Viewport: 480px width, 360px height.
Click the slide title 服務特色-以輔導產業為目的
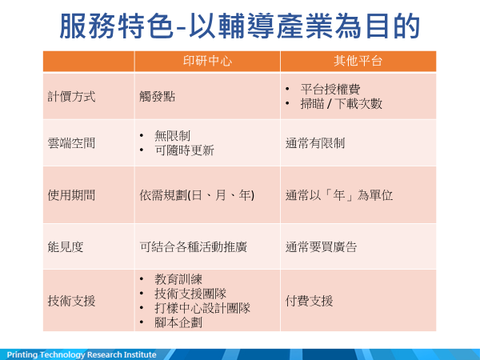[240, 26]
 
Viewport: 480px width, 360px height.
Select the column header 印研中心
[207, 61]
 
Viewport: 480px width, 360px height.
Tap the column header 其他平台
[358, 61]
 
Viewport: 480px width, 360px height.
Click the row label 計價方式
[71, 97]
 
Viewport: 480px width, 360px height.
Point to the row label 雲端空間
[71, 143]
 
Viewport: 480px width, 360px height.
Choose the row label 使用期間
[71, 195]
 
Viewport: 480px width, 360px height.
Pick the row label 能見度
[66, 246]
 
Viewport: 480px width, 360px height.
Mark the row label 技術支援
[71, 301]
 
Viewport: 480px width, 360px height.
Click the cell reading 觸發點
[158, 97]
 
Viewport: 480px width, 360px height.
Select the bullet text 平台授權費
[330, 90]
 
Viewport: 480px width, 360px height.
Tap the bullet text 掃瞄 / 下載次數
[342, 104]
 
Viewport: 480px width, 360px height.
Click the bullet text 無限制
[172, 136]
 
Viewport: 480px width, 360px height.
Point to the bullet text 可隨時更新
[184, 150]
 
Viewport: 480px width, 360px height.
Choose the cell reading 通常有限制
[315, 143]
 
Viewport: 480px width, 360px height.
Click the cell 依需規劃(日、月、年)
[197, 195]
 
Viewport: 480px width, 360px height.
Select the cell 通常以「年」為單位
[339, 195]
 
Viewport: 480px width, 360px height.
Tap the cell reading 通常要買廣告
[321, 246]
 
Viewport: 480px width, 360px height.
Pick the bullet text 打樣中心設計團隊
[202, 308]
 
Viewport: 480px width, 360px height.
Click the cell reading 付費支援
[309, 301]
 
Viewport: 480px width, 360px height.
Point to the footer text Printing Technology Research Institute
[82, 354]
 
